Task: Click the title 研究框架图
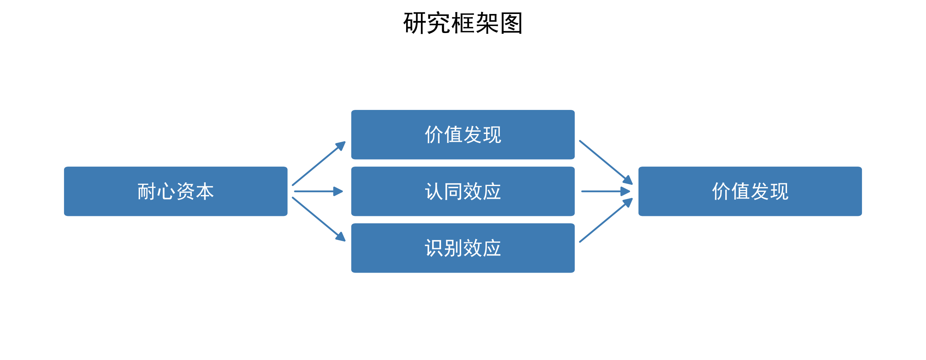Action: coord(463,23)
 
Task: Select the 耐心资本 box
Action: coord(175,191)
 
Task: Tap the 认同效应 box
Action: coord(463,191)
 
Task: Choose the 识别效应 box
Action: coord(463,248)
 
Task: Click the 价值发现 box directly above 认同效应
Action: coord(463,135)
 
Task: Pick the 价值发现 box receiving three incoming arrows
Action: coord(750,191)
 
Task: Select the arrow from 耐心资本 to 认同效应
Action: coord(318,191)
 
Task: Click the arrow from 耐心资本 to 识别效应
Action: coord(318,219)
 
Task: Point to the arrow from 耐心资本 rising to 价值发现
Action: coord(318,164)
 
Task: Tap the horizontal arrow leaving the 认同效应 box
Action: coord(605,191)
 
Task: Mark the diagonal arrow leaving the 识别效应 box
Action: coord(605,221)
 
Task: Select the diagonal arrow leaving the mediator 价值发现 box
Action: coord(605,162)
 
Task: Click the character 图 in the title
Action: coord(511,23)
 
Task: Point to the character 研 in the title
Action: coord(415,23)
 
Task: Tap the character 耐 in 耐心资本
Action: coord(147,191)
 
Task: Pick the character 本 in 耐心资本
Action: coord(205,191)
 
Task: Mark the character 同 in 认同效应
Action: coord(453,191)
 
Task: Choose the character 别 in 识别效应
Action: coord(453,248)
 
